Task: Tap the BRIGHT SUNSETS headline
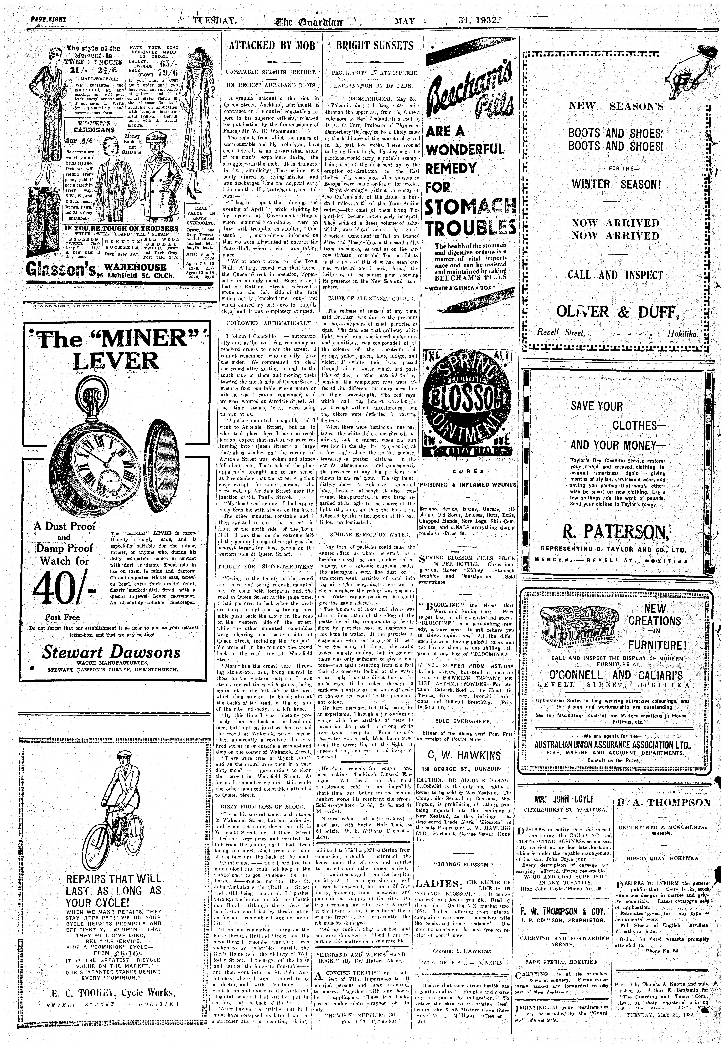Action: [x=375, y=45]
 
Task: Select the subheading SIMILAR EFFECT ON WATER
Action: [x=372, y=534]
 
